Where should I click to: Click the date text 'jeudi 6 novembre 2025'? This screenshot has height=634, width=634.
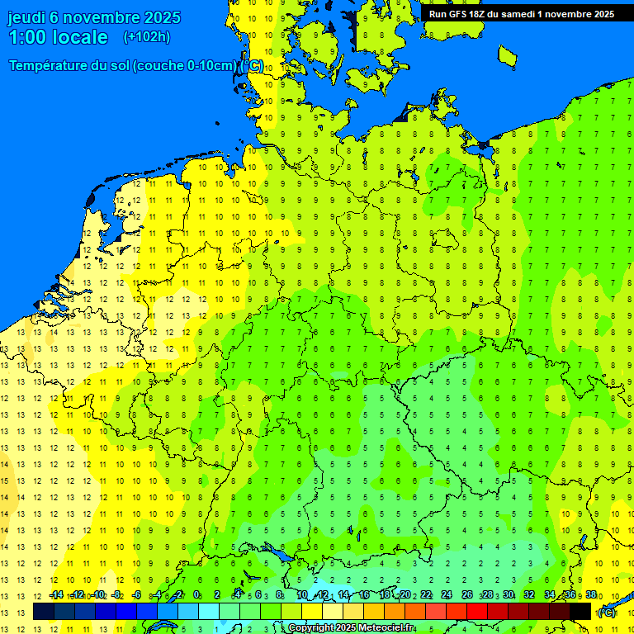click(x=86, y=17)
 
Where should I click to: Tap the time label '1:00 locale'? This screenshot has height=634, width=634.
click(x=58, y=37)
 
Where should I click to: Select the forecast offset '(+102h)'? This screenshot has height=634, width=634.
click(x=146, y=37)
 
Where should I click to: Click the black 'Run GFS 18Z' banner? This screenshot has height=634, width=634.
click(x=521, y=14)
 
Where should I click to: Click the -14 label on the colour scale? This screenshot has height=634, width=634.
click(x=55, y=595)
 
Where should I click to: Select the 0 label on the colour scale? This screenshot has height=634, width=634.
click(x=196, y=595)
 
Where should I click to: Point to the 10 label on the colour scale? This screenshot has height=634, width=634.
click(x=302, y=595)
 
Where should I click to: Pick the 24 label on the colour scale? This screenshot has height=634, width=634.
click(x=447, y=595)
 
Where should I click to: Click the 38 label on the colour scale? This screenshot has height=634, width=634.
click(x=591, y=595)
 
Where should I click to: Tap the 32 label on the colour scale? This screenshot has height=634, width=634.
click(x=529, y=595)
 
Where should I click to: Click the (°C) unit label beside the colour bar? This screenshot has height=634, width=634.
click(x=607, y=613)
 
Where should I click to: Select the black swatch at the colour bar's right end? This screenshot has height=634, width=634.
click(x=580, y=612)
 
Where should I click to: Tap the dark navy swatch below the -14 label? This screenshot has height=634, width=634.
click(x=44, y=612)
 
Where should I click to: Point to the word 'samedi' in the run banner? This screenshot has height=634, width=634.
click(x=518, y=14)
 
